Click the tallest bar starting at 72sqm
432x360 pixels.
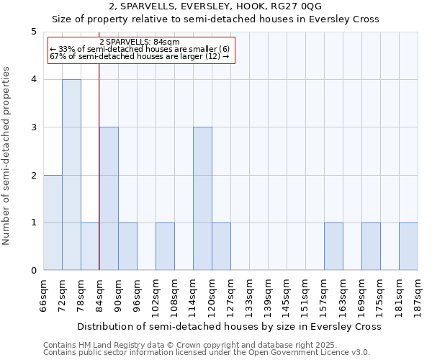click(71, 175)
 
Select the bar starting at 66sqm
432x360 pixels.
click(53, 222)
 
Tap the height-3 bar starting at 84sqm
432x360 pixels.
click(109, 199)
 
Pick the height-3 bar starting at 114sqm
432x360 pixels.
click(202, 199)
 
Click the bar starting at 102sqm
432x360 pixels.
click(165, 246)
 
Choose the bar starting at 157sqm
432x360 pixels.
click(333, 246)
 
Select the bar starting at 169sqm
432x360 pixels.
click(371, 246)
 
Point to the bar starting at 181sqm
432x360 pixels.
click(408, 246)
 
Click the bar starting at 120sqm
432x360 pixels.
click(221, 246)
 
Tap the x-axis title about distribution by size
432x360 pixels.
click(229, 326)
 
